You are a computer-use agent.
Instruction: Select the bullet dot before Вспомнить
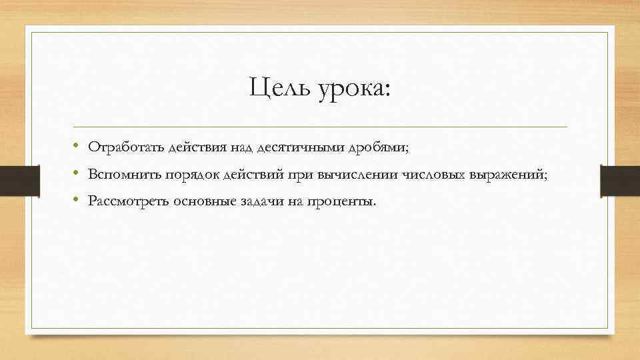[x=77, y=173]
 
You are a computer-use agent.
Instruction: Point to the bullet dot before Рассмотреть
[x=77, y=201]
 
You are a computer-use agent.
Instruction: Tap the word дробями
[x=386, y=147]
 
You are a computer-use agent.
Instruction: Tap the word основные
[x=203, y=201]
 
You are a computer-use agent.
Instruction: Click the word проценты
[x=342, y=202]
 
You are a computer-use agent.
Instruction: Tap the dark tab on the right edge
[x=619, y=181]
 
